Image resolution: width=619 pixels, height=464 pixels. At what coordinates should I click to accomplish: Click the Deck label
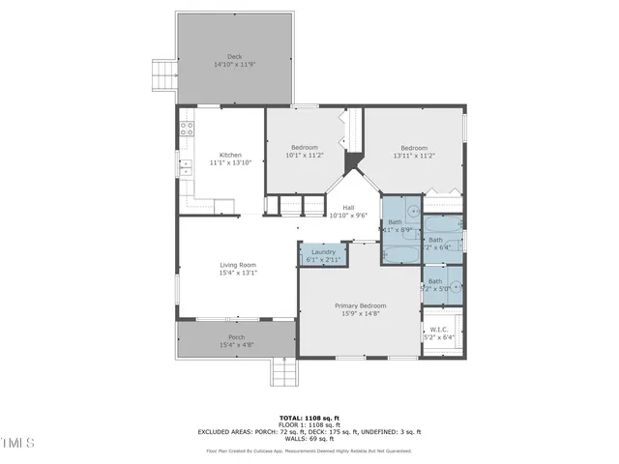click(x=234, y=57)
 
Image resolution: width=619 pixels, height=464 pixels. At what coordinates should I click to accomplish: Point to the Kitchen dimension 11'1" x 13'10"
click(x=230, y=163)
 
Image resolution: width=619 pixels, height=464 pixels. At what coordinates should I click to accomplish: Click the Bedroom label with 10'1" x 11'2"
click(x=305, y=147)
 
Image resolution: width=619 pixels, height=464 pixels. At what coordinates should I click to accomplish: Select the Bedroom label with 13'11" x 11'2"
click(x=414, y=148)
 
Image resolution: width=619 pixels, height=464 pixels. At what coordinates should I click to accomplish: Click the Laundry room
click(x=323, y=255)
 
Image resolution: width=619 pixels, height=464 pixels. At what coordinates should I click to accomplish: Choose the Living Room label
click(x=237, y=265)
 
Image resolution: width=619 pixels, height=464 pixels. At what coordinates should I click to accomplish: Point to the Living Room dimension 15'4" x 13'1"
click(x=237, y=274)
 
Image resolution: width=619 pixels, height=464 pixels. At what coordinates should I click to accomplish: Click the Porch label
click(x=236, y=337)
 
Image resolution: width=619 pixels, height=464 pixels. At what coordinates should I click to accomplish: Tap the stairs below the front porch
click(x=283, y=370)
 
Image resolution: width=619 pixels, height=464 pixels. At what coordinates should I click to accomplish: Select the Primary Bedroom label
click(x=360, y=305)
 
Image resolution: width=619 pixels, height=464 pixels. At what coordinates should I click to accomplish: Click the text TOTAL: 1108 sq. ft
click(x=309, y=419)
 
